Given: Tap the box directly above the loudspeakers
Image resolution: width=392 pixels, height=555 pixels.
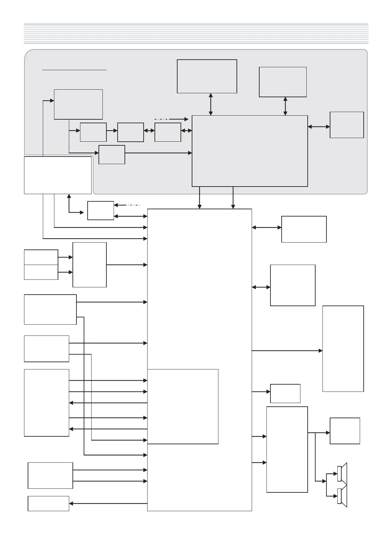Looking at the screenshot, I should point(345,431).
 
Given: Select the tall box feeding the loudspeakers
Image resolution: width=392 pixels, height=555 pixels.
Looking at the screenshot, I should point(287,449).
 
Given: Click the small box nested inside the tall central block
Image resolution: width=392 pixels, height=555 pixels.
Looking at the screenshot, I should point(183,406).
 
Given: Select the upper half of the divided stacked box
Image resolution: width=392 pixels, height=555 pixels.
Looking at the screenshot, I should point(41,257).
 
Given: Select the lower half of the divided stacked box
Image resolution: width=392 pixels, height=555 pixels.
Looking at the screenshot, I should point(41,272).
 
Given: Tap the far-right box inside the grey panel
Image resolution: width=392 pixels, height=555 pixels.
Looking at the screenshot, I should point(347,125).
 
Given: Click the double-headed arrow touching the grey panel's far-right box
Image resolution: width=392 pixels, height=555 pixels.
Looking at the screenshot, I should point(319,126).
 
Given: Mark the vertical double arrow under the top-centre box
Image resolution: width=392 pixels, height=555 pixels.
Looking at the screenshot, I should point(211,104).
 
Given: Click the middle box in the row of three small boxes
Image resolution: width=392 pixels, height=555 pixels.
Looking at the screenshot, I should point(130,132).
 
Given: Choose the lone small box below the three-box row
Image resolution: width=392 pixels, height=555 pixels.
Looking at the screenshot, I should point(112,155).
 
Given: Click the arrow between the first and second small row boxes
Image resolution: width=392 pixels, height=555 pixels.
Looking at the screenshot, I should point(112,131).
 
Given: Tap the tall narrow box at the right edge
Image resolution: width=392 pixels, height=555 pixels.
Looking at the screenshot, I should point(343,348).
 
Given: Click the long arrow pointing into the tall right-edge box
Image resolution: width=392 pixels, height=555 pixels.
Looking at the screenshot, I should point(287,351).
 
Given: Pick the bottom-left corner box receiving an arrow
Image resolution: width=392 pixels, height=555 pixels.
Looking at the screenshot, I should point(48,503).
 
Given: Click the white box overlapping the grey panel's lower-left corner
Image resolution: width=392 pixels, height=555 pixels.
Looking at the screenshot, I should point(58,175).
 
